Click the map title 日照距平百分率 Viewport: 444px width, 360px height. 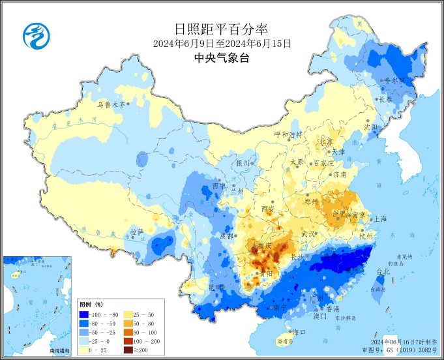[x=222, y=29]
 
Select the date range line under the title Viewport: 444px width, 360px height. [x=222, y=44]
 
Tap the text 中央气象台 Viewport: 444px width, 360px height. [x=222, y=58]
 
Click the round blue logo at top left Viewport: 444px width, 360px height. [x=36, y=36]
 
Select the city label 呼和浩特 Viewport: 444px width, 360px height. [x=288, y=134]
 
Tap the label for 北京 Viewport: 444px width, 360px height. [x=325, y=142]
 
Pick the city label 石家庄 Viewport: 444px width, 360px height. [x=324, y=163]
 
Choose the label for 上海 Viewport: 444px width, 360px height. [x=379, y=219]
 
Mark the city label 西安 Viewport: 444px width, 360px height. [x=268, y=209]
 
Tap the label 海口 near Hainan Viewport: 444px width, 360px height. [x=299, y=332]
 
